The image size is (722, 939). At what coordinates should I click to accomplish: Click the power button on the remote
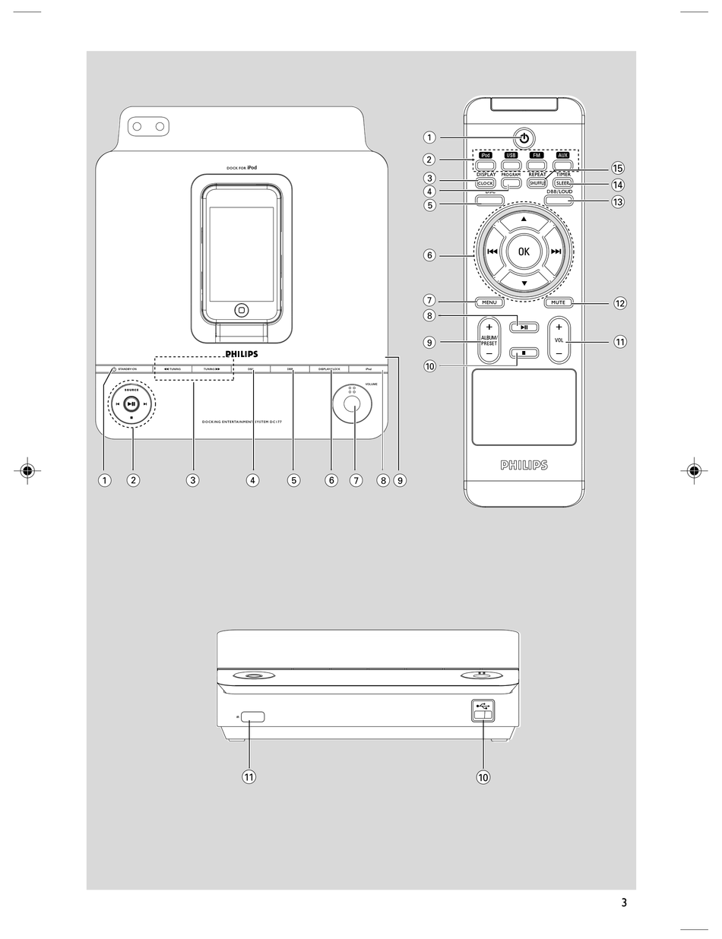524,138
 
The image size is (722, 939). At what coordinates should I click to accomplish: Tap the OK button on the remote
524,251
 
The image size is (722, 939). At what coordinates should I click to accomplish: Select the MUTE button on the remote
558,302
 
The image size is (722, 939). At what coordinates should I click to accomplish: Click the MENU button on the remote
489,302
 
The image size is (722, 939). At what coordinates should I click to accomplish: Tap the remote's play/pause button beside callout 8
524,327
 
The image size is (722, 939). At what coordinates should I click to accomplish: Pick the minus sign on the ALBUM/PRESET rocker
489,353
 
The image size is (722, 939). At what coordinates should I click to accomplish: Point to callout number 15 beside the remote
617,167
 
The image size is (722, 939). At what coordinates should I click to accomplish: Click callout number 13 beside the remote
617,202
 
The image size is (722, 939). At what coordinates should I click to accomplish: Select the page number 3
624,903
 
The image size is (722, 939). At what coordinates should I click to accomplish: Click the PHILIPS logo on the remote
524,465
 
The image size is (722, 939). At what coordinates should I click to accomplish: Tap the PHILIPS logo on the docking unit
241,354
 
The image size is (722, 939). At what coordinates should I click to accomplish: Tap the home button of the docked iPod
241,309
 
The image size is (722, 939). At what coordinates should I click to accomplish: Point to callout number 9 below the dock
400,479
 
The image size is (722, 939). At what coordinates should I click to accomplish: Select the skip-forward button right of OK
556,251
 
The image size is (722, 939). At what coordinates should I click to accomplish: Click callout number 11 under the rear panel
249,776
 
